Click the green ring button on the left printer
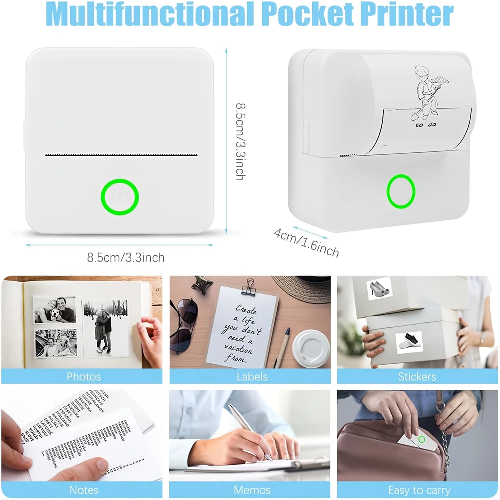(120, 196)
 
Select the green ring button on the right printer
(401, 191)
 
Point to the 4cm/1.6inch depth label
(306, 242)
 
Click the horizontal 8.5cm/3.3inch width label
(126, 258)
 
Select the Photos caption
(83, 376)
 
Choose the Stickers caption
(417, 376)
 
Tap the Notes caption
(83, 490)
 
